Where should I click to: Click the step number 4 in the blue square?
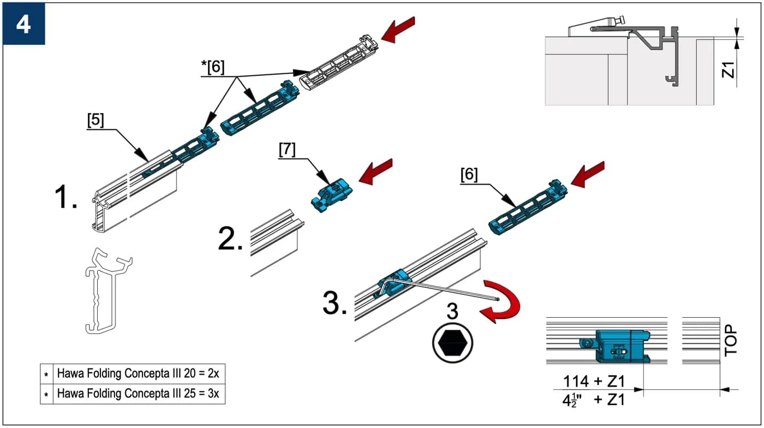point(23,25)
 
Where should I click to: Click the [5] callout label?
point(95,120)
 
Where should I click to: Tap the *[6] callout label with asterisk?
point(213,67)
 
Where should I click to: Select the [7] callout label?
point(287,150)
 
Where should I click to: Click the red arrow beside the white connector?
point(398,29)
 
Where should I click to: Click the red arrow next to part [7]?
point(375,171)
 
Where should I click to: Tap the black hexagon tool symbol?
point(452,343)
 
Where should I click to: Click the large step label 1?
point(66,197)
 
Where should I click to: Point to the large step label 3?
point(335,303)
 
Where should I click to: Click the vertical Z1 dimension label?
point(728,70)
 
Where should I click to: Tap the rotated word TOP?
point(731,340)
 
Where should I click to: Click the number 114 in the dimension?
point(576,381)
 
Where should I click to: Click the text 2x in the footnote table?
point(213,373)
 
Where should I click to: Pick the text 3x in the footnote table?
point(213,394)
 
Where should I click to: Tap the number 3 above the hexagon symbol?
point(452,311)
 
